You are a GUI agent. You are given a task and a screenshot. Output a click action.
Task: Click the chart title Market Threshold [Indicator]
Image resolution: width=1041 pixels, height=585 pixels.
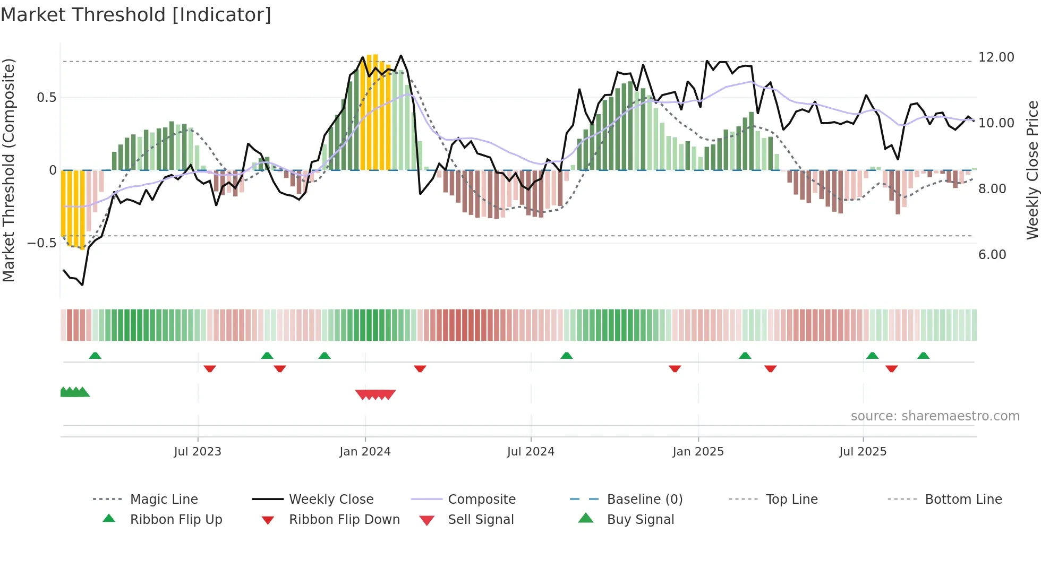[136, 15]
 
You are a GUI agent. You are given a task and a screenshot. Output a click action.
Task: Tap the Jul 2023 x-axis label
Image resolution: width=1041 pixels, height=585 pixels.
[198, 452]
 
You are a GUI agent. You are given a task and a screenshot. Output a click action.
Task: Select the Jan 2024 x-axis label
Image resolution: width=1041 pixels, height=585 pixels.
[365, 452]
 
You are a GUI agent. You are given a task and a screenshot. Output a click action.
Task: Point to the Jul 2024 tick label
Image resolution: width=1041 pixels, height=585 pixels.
[531, 452]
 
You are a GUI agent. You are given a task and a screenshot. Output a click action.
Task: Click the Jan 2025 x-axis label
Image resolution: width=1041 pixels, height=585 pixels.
[698, 452]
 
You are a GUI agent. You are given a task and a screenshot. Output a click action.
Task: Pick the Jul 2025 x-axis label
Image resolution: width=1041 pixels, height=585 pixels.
[863, 452]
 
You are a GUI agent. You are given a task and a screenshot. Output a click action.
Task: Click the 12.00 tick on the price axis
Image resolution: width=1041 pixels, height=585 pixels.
[996, 57]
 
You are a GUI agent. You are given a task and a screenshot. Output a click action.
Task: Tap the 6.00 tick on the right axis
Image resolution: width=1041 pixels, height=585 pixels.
[992, 255]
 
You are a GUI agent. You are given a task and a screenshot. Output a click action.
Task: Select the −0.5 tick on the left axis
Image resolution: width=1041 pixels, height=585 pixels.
[41, 243]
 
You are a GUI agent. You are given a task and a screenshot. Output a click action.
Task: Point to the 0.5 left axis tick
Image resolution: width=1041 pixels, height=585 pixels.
[46, 98]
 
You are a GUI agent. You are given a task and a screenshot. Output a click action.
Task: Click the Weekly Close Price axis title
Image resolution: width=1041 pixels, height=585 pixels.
[1032, 170]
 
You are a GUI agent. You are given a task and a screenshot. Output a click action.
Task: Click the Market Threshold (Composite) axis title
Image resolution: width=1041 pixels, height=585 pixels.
[8, 170]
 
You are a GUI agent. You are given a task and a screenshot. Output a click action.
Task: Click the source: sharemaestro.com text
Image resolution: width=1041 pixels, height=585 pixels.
[935, 416]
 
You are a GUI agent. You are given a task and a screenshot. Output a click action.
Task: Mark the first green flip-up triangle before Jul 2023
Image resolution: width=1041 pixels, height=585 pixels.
[95, 356]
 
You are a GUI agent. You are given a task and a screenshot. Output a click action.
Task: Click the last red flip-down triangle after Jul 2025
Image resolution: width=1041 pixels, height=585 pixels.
[892, 368]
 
